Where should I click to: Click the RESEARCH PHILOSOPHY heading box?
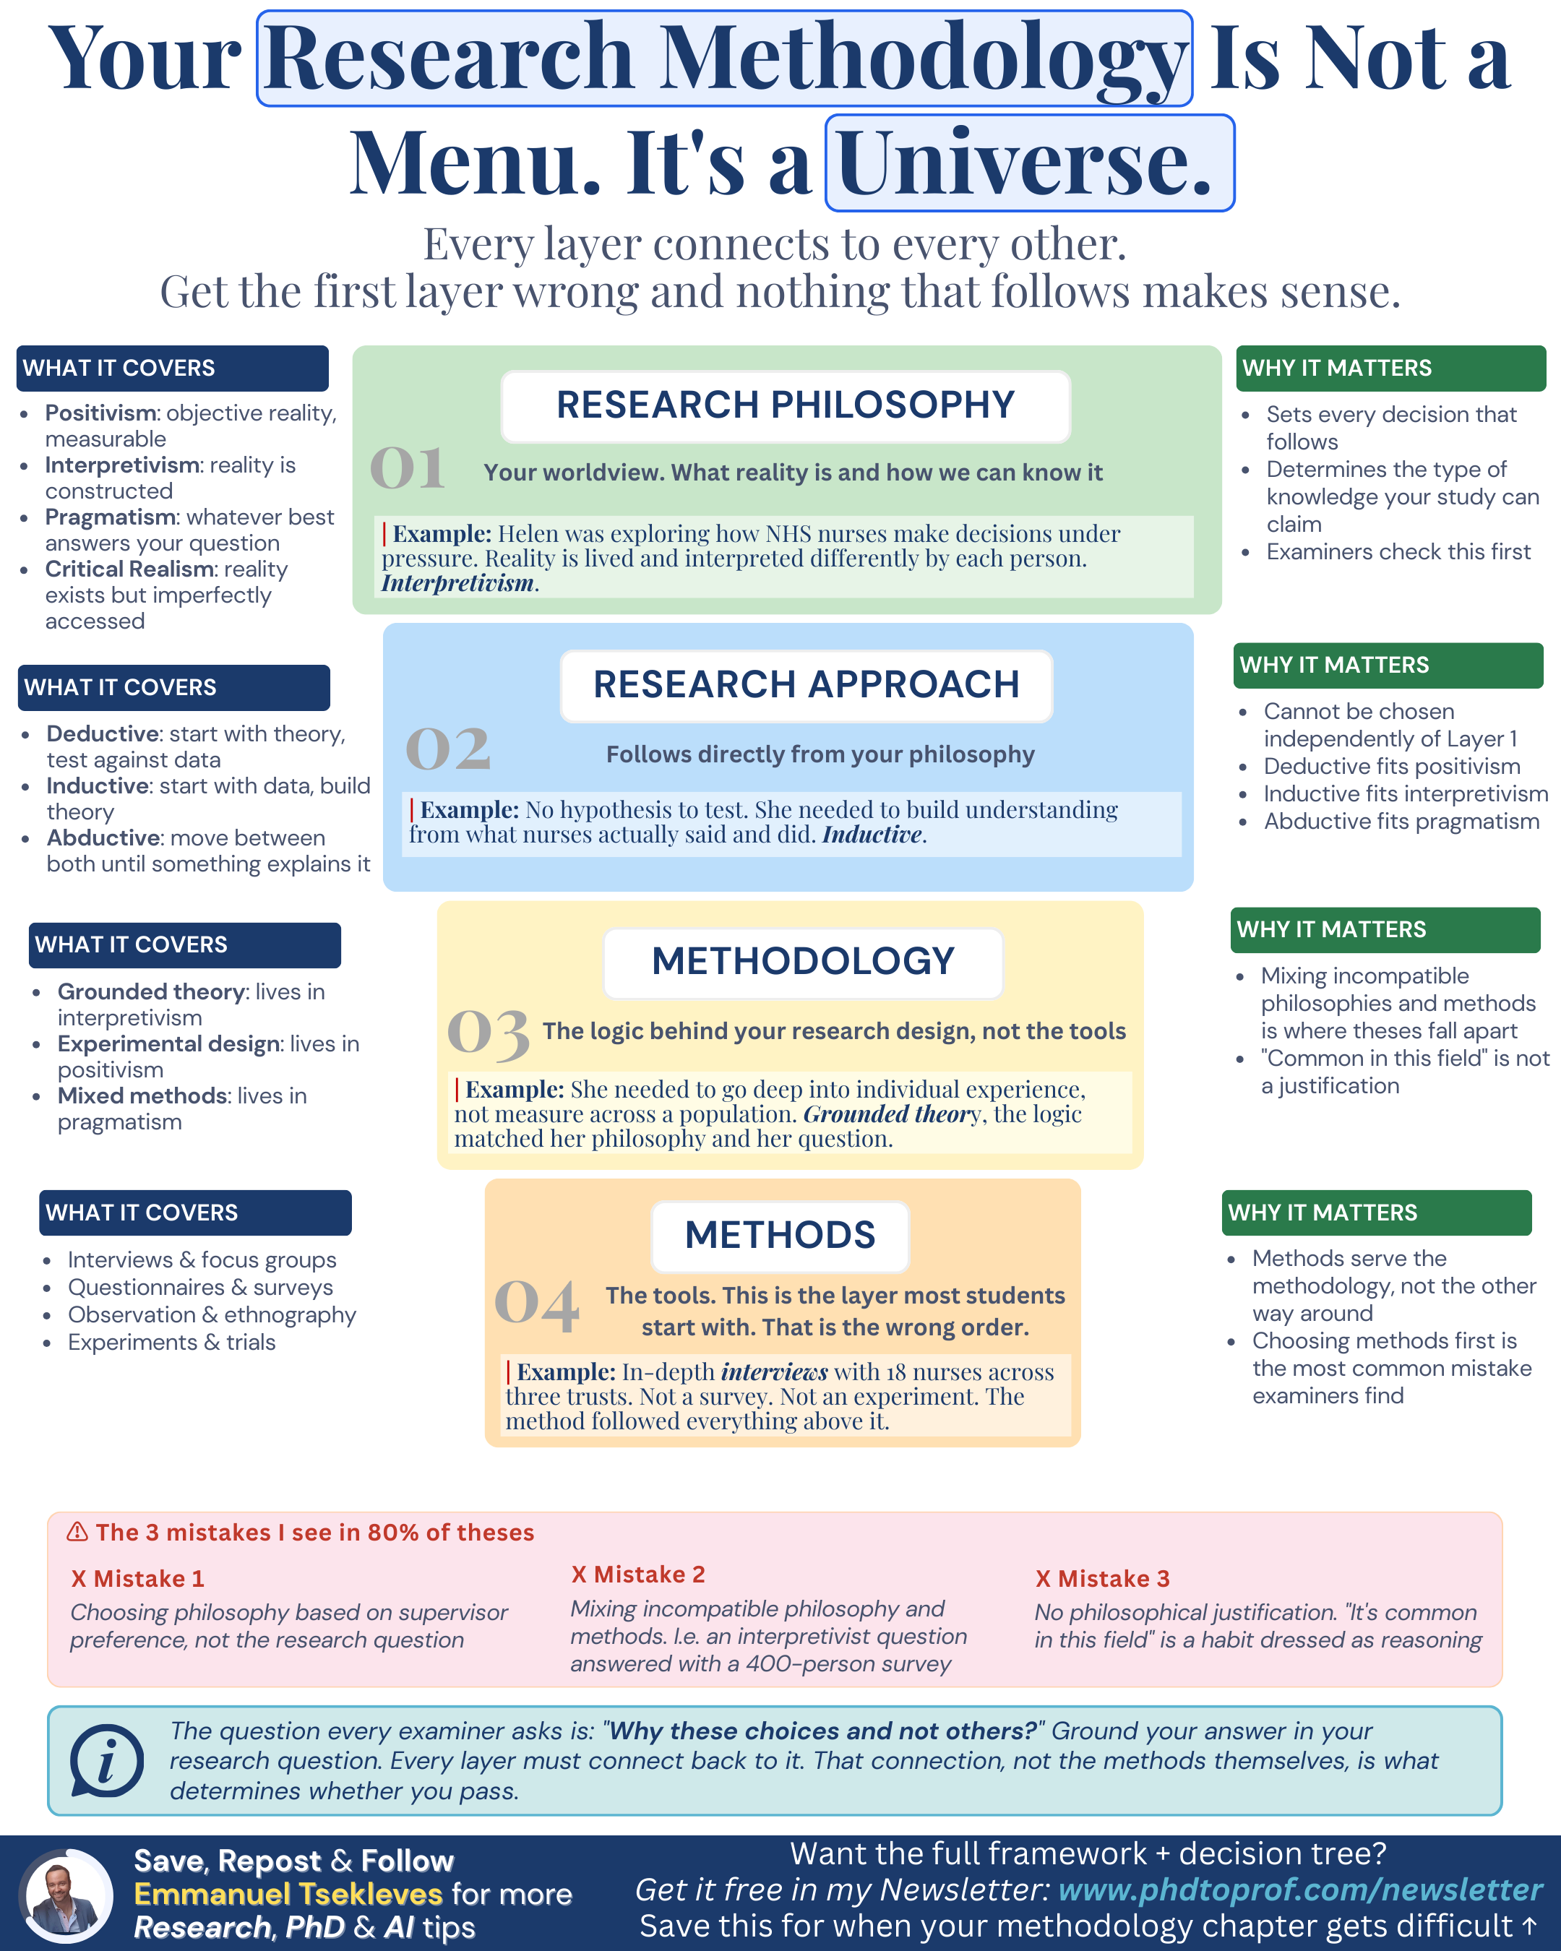[785, 406]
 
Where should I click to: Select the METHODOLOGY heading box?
[803, 962]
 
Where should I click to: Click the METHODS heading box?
[779, 1236]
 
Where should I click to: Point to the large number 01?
[407, 468]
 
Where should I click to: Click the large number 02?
[448, 749]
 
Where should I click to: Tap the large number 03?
[488, 1033]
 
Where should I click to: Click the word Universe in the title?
[1028, 163]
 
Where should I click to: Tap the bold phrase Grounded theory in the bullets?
[151, 992]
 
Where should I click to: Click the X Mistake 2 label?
[638, 1575]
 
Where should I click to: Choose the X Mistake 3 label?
[1102, 1579]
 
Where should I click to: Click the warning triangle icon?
[78, 1532]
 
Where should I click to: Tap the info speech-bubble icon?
[107, 1762]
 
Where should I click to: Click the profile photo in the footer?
[65, 1897]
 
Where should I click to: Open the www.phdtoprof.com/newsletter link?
[1299, 1890]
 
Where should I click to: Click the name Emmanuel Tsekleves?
[288, 1894]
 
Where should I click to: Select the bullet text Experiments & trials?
[171, 1342]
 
